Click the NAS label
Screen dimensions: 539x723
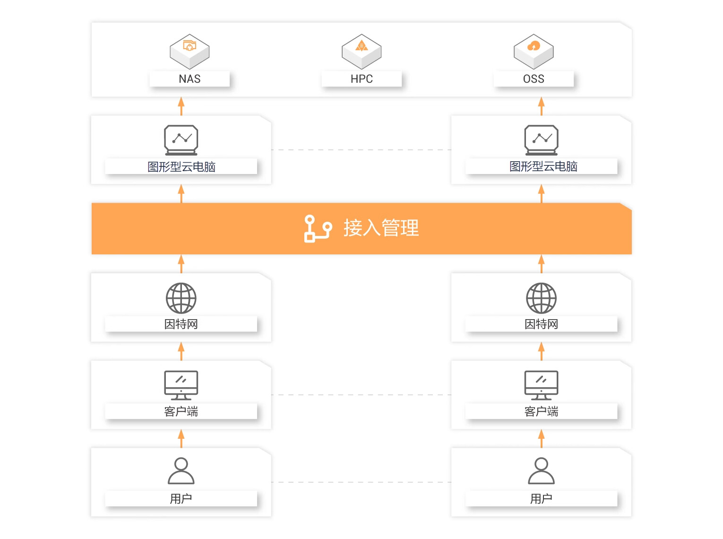tap(189, 79)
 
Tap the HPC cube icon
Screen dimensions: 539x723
tap(361, 51)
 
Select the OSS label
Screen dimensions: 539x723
tap(534, 79)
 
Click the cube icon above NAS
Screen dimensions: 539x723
tap(189, 51)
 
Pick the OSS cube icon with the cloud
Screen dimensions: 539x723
tap(534, 51)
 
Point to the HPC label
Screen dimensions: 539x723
tap(361, 79)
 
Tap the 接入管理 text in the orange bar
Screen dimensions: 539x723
tap(381, 228)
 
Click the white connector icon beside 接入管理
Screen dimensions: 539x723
tap(317, 228)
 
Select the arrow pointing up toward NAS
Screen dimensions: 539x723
tap(181, 106)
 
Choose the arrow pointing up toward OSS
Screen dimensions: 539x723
tap(542, 106)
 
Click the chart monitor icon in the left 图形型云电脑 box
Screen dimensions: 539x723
tap(181, 140)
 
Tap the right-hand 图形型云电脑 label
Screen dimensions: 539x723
tap(543, 166)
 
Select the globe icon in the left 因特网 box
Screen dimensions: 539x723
tap(181, 298)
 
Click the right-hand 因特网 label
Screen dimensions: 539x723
tap(542, 324)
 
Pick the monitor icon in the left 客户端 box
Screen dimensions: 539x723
tap(181, 385)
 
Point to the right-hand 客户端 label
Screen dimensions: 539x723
tap(542, 411)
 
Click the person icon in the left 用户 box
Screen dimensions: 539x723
tap(181, 471)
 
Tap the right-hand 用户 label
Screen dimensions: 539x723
tap(542, 498)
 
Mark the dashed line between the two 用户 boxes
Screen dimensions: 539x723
tap(361, 482)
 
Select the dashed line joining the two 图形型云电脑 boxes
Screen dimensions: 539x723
tap(361, 150)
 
